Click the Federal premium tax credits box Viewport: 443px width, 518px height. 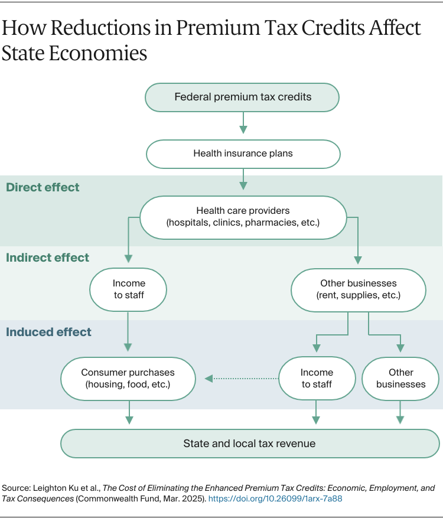(242, 97)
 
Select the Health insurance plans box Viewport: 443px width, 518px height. (243, 154)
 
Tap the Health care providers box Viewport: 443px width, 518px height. (243, 217)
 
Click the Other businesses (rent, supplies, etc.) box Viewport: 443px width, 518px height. (359, 289)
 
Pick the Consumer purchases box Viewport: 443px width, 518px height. (128, 379)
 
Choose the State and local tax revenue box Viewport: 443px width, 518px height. (250, 443)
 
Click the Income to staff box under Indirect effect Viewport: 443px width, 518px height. (128, 289)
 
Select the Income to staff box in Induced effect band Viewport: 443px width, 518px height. (317, 379)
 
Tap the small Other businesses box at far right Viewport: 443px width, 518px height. (400, 379)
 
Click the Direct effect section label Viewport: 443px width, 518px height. (43, 188)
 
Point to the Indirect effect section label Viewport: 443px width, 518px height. (47, 258)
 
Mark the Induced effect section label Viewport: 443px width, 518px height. (48, 332)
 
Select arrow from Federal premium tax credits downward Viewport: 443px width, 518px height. (243, 122)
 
